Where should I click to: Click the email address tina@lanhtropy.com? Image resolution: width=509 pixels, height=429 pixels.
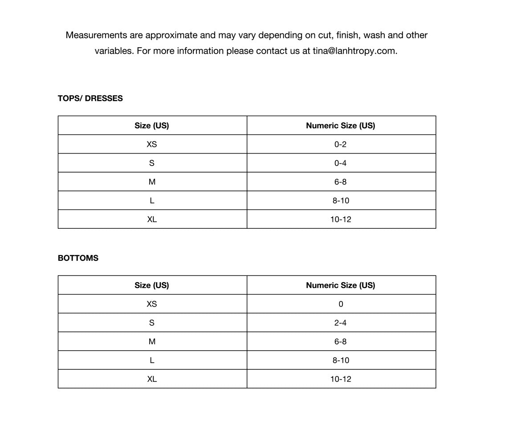pos(354,51)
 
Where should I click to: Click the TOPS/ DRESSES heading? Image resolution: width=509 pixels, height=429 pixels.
pos(90,98)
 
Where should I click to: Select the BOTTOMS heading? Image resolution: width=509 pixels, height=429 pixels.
pos(78,258)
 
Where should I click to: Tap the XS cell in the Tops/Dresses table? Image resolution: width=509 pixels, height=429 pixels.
pos(152,144)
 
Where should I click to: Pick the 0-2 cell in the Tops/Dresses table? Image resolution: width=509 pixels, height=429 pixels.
pos(340,144)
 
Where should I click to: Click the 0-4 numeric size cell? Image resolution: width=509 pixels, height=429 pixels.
pos(340,163)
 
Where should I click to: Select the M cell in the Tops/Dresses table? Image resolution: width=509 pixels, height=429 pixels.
pos(152,182)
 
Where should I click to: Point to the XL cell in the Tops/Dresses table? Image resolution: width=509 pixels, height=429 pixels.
pos(152,219)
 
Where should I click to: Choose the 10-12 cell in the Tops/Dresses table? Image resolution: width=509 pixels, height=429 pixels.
pos(341,219)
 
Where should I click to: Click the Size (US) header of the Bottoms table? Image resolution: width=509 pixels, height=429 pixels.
pos(152,285)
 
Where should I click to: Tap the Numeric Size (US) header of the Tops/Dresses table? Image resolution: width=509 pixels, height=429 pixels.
pos(341,125)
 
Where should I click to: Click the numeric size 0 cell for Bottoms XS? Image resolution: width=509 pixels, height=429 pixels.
pos(341,304)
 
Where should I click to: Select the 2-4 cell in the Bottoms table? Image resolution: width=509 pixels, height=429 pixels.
pos(340,323)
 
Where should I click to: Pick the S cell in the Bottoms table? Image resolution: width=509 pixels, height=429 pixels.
pos(152,323)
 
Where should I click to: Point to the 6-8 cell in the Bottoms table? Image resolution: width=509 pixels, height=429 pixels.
pos(340,341)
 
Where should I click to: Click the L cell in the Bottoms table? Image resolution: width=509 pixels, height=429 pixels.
pos(152,360)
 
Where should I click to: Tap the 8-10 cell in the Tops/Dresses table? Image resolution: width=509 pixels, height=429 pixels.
pos(341,201)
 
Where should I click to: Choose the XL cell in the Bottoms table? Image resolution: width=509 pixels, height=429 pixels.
pos(152,379)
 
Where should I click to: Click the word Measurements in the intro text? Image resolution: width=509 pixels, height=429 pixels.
pos(96,35)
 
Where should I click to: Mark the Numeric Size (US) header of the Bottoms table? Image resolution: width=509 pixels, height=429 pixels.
pos(341,285)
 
